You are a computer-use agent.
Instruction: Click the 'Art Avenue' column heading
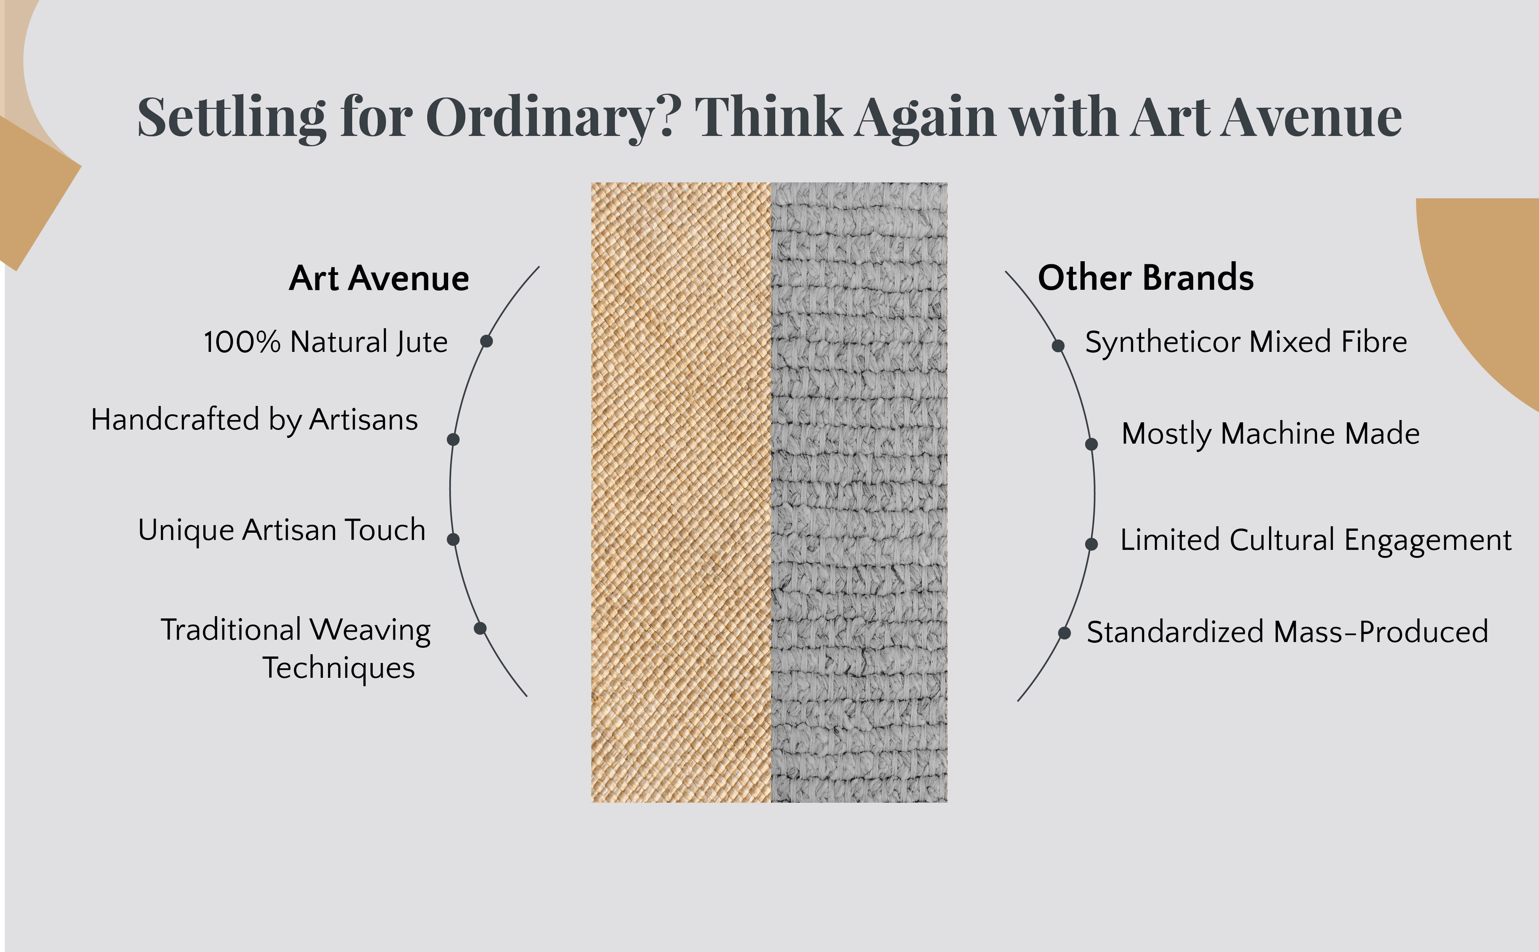379,278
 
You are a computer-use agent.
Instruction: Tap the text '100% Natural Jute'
326,342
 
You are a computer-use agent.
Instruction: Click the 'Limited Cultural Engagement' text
1315,541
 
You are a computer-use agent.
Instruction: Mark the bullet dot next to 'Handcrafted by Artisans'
453,439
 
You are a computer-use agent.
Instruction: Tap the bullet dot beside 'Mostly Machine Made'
1092,444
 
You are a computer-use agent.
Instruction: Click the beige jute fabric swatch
681,492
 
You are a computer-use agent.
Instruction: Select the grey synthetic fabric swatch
859,492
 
